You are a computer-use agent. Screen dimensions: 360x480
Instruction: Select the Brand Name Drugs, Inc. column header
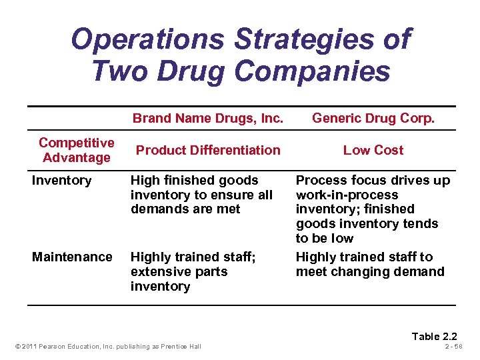(x=208, y=119)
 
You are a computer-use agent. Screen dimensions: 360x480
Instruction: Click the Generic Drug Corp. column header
(x=373, y=119)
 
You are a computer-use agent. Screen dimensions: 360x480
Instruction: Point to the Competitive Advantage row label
(x=76, y=150)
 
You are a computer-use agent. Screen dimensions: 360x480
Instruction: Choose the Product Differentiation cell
(x=208, y=150)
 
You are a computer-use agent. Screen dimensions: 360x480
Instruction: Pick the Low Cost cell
(x=373, y=150)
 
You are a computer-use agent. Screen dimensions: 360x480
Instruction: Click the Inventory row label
(x=62, y=180)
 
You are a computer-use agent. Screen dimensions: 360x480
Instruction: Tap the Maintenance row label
(x=72, y=257)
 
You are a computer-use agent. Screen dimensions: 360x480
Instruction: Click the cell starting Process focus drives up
(x=372, y=209)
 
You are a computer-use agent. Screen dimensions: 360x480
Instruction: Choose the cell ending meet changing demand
(x=369, y=264)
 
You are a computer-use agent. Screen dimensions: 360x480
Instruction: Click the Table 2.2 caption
(x=435, y=336)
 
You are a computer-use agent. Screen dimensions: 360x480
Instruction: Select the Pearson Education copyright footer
(x=107, y=346)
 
